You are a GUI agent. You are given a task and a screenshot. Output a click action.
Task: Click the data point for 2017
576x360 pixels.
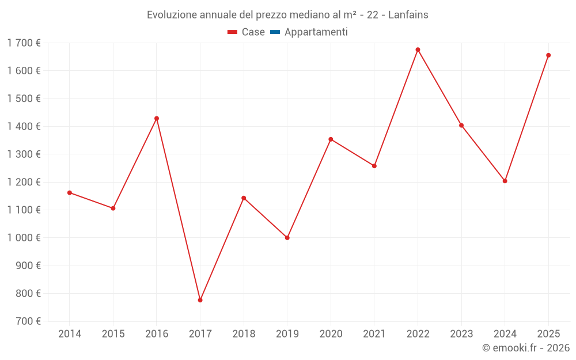200,300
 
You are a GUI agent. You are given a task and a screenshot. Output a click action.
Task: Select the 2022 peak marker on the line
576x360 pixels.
418,50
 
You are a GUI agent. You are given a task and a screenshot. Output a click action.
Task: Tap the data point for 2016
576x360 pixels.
157,118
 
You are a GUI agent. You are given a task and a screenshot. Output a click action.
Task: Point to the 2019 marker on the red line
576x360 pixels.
287,238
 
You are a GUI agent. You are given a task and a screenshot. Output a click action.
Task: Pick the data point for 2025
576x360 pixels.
548,55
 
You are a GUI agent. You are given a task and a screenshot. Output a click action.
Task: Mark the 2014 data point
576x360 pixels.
70,192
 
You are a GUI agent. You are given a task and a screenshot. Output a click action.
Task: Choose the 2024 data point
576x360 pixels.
505,181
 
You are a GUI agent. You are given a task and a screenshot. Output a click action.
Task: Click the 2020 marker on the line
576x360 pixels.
331,139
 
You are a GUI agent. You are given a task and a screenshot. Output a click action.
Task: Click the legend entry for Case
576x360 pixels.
246,32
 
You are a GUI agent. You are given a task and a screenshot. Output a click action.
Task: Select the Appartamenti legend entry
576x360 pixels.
309,32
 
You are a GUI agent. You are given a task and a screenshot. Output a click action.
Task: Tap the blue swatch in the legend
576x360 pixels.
275,32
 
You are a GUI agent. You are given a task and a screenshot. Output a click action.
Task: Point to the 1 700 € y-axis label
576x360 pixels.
24,43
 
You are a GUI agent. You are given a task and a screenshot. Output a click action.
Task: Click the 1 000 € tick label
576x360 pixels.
24,238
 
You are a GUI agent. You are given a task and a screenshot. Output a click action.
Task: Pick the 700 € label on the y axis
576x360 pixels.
28,321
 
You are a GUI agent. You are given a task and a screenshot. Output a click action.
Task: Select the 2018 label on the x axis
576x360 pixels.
244,334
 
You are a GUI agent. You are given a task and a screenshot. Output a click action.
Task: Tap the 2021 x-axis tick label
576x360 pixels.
374,334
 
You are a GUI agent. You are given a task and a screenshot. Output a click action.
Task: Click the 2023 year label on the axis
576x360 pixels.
461,334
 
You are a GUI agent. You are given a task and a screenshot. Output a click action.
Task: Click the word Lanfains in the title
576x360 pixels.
408,15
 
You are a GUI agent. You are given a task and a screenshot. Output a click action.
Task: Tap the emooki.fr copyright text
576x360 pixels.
526,347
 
